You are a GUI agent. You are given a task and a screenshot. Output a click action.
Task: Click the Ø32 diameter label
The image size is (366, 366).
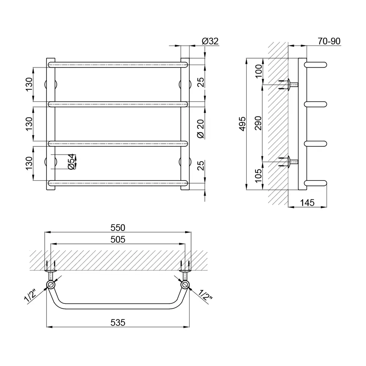(210, 41)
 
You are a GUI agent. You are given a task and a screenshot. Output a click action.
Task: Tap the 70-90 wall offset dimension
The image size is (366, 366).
(329, 41)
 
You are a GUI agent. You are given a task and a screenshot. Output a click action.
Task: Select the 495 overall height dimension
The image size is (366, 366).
(243, 124)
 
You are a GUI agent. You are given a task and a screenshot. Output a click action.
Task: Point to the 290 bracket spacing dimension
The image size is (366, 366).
(258, 123)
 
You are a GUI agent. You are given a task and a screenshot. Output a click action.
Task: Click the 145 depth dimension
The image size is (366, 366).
(307, 203)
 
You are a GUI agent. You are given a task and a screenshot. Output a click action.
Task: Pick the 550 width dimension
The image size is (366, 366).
(118, 228)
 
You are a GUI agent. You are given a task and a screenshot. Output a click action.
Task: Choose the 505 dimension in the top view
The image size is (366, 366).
(118, 239)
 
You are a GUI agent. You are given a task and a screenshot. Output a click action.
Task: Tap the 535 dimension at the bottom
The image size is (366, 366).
(118, 322)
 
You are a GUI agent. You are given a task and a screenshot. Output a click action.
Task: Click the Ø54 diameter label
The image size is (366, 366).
(71, 161)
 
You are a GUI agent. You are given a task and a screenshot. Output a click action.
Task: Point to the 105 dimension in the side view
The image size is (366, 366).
(258, 176)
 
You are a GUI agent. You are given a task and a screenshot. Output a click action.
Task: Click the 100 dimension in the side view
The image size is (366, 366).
(258, 71)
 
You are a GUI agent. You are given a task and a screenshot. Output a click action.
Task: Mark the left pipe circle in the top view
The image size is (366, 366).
(51, 285)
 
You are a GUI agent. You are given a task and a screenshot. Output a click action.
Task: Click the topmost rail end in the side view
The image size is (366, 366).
(315, 65)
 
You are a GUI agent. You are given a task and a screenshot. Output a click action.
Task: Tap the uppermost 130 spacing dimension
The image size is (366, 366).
(29, 85)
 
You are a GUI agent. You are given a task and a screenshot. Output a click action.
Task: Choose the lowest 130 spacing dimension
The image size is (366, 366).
(29, 163)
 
